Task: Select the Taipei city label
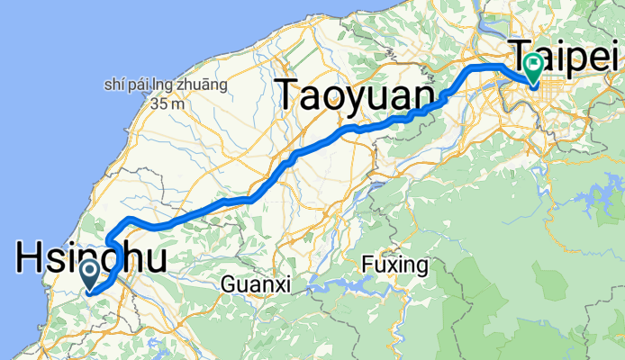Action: point(567,56)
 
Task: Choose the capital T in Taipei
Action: point(525,54)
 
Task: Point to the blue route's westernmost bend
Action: point(109,243)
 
